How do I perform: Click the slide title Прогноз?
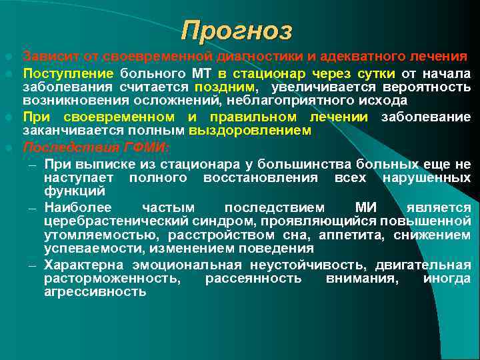pyautogui.click(x=237, y=30)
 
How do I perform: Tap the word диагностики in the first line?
pyautogui.click(x=257, y=55)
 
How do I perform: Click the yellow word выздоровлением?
pyautogui.click(x=249, y=131)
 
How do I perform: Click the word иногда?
pyautogui.click(x=447, y=279)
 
